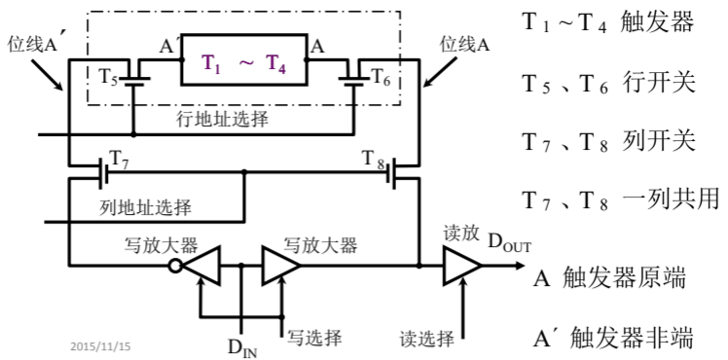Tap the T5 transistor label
tap(109, 76)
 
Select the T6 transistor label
tap(382, 76)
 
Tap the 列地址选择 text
tap(145, 207)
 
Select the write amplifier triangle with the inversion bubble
tap(201, 264)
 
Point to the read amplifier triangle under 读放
tap(460, 264)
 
